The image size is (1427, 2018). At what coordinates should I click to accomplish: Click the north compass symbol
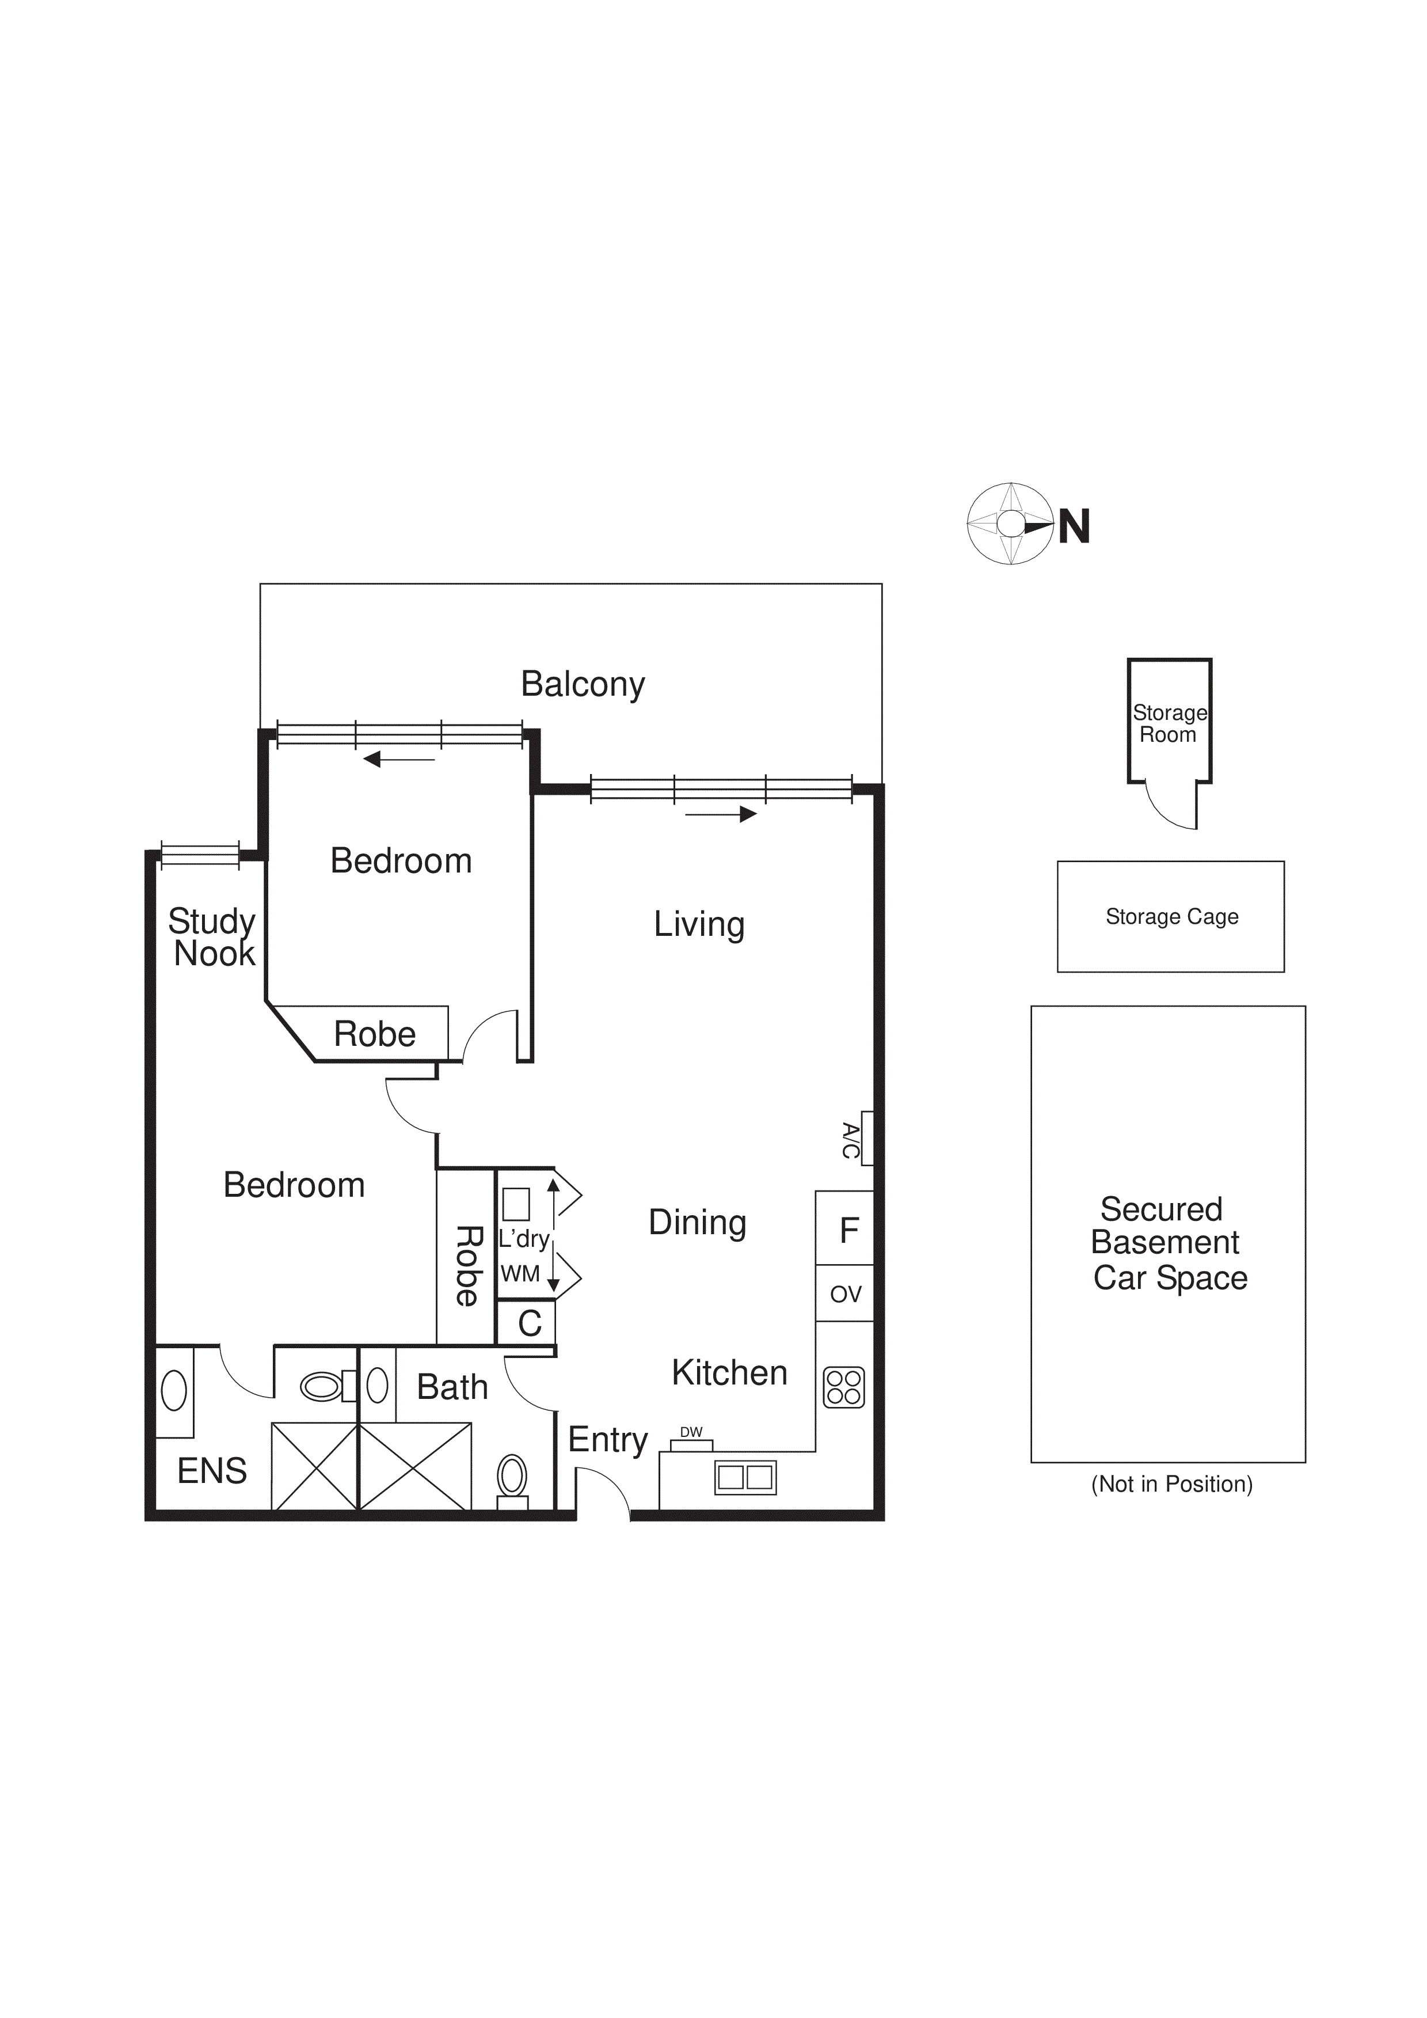1010,524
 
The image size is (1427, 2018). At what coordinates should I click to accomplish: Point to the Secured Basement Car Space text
1169,1243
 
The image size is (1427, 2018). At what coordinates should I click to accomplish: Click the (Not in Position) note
1171,1485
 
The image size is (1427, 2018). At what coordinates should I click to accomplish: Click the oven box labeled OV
844,1294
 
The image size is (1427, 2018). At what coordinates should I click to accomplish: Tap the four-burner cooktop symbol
843,1388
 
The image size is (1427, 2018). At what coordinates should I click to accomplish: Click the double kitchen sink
745,1477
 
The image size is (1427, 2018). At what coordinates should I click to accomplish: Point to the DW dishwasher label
691,1432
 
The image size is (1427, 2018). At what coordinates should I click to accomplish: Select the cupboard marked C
528,1323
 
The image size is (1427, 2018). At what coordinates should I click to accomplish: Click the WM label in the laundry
520,1273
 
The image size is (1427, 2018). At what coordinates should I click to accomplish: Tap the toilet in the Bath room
512,1479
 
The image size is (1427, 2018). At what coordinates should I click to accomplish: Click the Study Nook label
212,937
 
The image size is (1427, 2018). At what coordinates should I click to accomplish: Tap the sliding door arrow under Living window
721,814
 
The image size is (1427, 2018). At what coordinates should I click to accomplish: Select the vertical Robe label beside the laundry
467,1266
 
